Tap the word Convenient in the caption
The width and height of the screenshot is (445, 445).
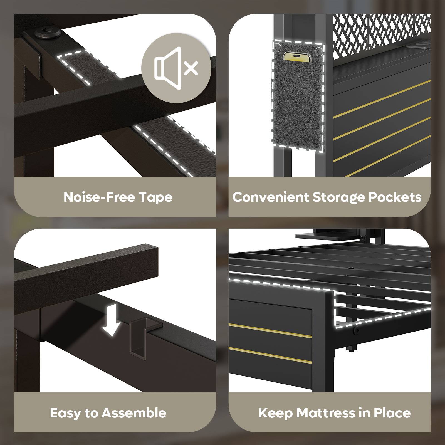point(271,197)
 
